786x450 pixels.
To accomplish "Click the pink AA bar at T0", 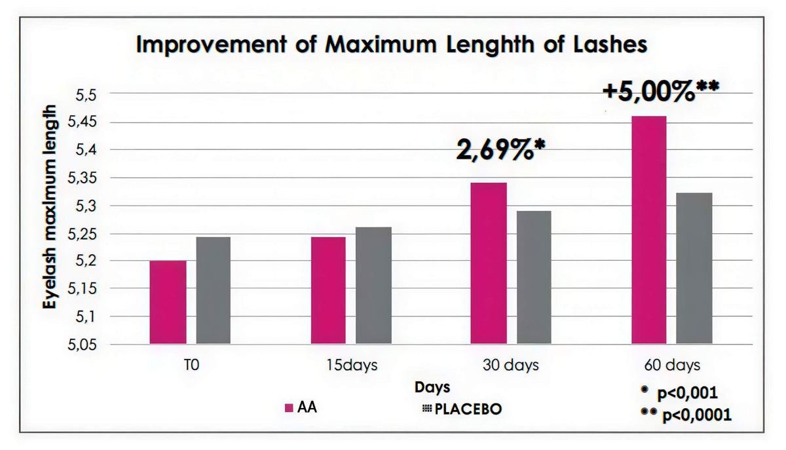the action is click(x=168, y=302).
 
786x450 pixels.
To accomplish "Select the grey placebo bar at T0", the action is click(x=214, y=290).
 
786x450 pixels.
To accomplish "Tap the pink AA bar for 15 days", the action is click(x=328, y=290).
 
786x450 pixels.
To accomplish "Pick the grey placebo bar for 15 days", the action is click(x=374, y=286).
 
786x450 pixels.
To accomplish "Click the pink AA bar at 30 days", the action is click(x=489, y=263).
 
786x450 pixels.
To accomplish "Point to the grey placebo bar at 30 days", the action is click(x=534, y=277).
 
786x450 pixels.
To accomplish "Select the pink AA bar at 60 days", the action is click(x=649, y=229).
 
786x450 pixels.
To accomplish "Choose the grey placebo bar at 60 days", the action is click(x=694, y=268).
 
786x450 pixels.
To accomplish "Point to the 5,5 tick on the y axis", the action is click(x=86, y=95).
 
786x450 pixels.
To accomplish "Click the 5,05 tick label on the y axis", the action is click(x=82, y=345).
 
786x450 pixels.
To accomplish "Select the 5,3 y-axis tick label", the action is click(x=86, y=206).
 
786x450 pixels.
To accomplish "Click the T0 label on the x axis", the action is click(x=191, y=365).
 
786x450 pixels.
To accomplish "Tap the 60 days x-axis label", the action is click(x=672, y=366).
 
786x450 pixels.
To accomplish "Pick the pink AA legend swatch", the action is click(x=289, y=408).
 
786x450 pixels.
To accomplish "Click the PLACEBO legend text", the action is click(x=468, y=409).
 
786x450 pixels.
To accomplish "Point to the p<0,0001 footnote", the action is click(x=697, y=415).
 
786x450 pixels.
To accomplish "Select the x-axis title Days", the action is click(x=432, y=388).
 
